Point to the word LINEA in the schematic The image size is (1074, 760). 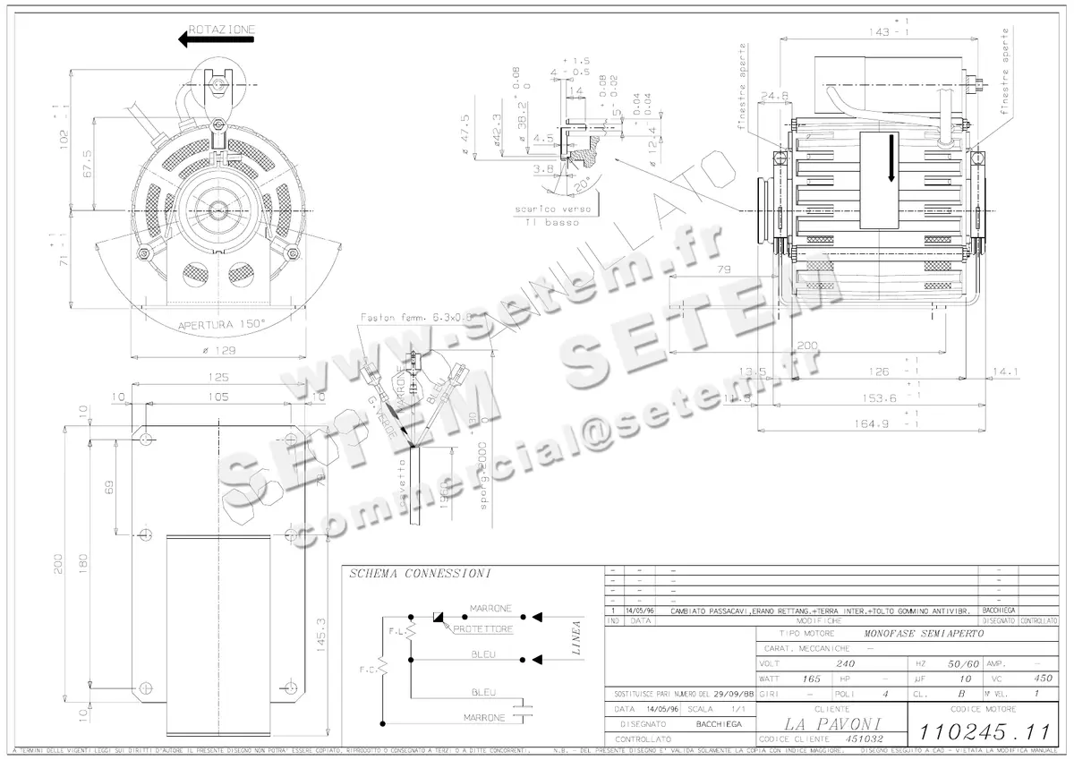[576, 638]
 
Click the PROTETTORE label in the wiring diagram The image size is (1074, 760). [483, 630]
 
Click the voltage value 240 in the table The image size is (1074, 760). [844, 664]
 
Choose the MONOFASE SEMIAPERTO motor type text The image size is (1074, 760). [923, 633]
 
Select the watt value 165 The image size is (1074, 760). [812, 679]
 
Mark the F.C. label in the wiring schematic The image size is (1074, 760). [368, 669]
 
